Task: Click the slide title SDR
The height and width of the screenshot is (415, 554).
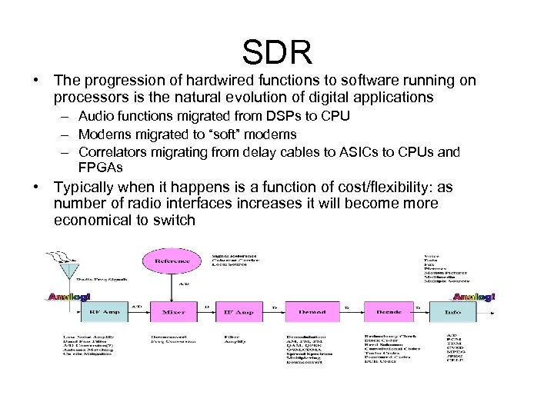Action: tap(277, 52)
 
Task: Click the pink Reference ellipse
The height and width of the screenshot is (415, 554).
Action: tap(172, 261)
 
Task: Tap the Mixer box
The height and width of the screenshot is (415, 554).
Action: tap(173, 313)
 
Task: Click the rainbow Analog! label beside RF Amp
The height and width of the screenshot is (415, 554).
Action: tap(69, 297)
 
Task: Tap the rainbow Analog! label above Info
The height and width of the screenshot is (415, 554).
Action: tap(473, 297)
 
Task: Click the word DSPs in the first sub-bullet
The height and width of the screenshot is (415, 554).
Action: tap(292, 116)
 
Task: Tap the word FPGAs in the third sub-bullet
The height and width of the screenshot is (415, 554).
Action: tap(100, 167)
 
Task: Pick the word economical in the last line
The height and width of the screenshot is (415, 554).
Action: tap(93, 221)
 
